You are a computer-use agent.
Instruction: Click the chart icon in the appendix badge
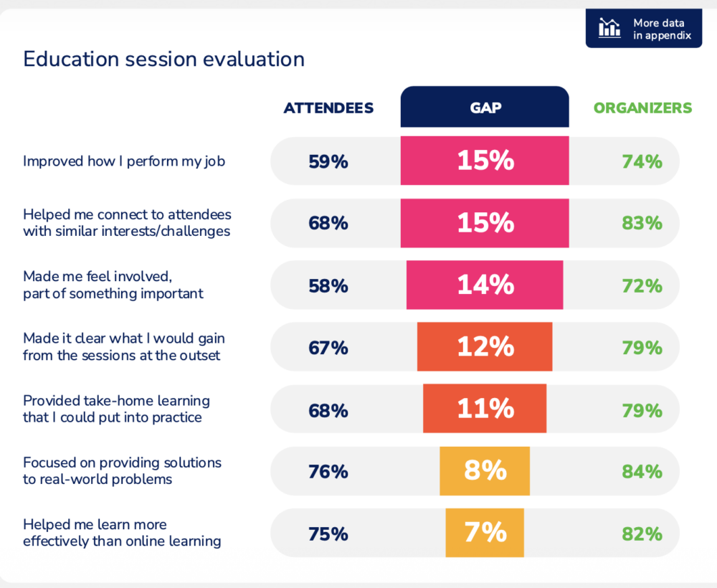coord(609,28)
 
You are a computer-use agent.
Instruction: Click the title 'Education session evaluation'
coord(163,59)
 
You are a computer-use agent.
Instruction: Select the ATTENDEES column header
coord(328,108)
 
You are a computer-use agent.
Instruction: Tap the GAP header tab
coord(485,108)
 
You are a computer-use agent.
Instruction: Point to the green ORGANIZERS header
coord(642,108)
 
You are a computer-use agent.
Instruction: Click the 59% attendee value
coord(328,161)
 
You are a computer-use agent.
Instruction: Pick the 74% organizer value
coord(642,161)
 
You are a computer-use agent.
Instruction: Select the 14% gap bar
coord(485,285)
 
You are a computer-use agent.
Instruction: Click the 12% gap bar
coord(485,348)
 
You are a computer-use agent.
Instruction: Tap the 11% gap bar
coord(485,409)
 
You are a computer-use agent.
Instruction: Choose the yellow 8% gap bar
coord(485,471)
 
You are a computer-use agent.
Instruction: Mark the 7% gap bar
coord(485,533)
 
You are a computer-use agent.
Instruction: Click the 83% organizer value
coord(642,223)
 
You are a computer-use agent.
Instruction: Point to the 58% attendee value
coord(328,285)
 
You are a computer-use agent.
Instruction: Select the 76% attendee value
coord(328,471)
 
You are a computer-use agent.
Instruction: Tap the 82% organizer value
coord(642,534)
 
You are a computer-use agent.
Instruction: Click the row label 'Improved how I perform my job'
coord(124,161)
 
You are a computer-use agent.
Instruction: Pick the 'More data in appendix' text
coord(658,29)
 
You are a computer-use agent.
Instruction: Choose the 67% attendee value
coord(328,348)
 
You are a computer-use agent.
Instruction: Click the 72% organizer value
coord(642,285)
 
